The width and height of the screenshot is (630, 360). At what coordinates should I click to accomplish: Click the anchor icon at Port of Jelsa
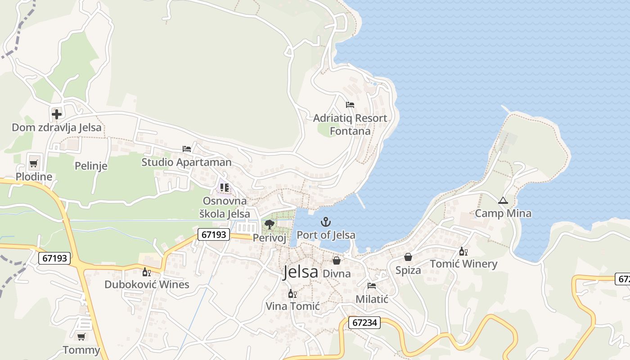(x=325, y=221)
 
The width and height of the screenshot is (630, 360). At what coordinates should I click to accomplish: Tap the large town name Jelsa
(x=300, y=272)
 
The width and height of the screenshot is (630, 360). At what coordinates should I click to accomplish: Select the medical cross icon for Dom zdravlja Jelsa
(x=57, y=114)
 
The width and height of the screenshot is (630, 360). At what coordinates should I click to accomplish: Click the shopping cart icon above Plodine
(x=34, y=163)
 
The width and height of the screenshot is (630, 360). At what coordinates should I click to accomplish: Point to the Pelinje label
(x=91, y=166)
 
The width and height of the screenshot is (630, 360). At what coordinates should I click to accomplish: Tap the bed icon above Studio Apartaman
(x=187, y=149)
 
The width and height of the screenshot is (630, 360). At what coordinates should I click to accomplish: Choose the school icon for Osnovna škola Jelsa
(x=225, y=187)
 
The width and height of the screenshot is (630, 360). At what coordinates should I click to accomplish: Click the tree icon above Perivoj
(x=270, y=224)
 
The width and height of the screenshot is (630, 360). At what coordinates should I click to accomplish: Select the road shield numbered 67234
(x=364, y=323)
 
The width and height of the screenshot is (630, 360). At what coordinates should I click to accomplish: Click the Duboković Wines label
(x=147, y=284)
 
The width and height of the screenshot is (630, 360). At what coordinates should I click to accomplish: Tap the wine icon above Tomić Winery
(x=463, y=252)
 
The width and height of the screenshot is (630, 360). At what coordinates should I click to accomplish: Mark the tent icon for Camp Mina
(x=503, y=201)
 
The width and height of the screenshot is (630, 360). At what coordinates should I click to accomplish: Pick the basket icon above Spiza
(x=408, y=257)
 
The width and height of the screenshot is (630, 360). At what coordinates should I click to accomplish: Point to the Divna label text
(x=337, y=273)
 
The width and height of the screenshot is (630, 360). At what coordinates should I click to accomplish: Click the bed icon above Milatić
(x=372, y=285)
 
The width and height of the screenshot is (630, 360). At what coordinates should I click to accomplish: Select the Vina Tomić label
(x=292, y=306)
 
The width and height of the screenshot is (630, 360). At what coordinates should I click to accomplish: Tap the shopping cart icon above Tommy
(x=81, y=337)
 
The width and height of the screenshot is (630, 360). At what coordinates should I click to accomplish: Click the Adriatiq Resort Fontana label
(x=350, y=125)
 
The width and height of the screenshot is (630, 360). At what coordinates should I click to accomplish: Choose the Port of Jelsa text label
(x=326, y=235)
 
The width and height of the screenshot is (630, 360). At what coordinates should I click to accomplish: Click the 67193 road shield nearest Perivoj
(x=213, y=234)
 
